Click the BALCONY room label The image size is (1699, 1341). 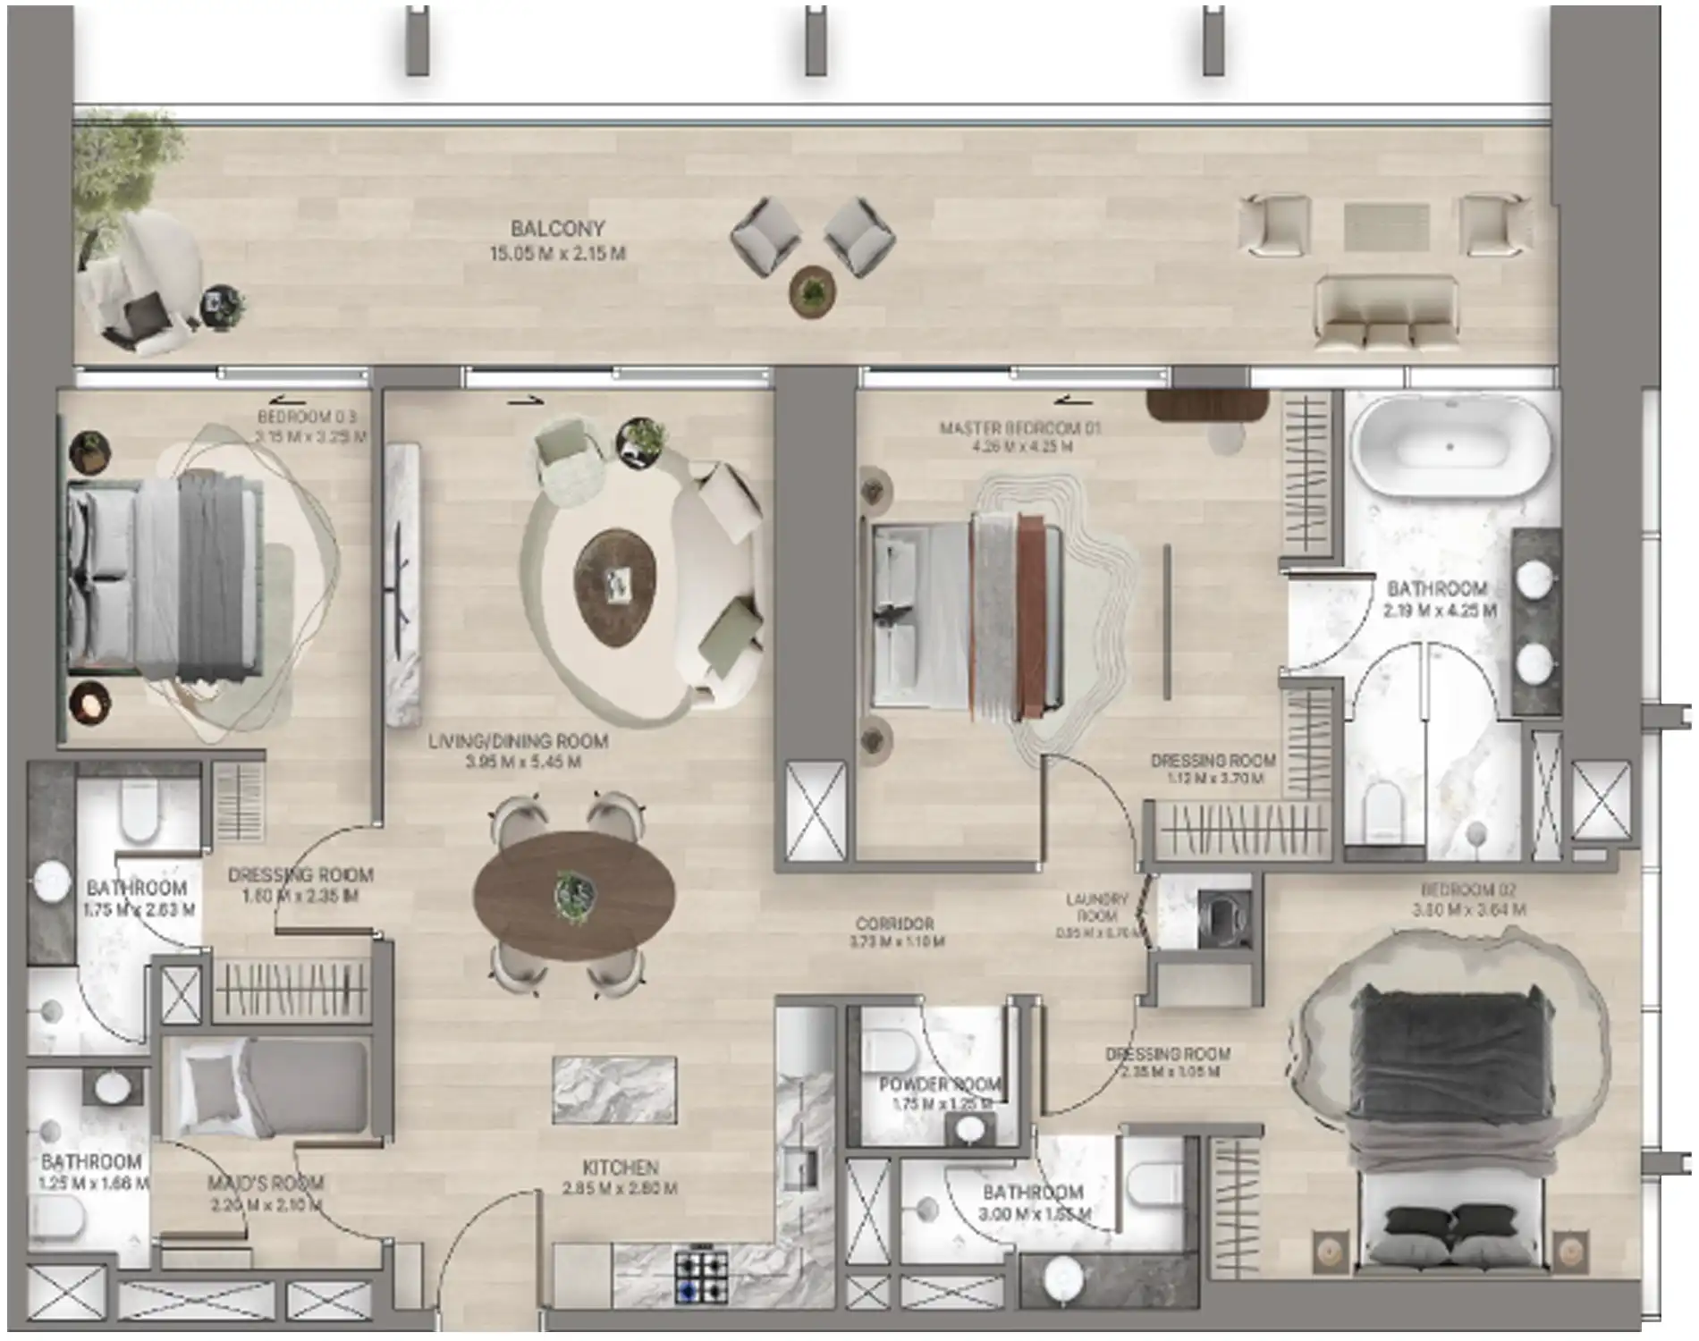coord(557,229)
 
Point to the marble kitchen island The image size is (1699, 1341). coord(613,1089)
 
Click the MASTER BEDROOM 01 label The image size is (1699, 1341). coord(1019,428)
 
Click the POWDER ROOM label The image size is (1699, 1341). coord(940,1084)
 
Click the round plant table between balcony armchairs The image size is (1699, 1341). coord(812,290)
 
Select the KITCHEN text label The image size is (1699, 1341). coord(620,1168)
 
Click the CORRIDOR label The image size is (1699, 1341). coord(894,924)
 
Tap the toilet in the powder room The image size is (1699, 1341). coord(885,1046)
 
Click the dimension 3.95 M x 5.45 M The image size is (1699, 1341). coord(523,763)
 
